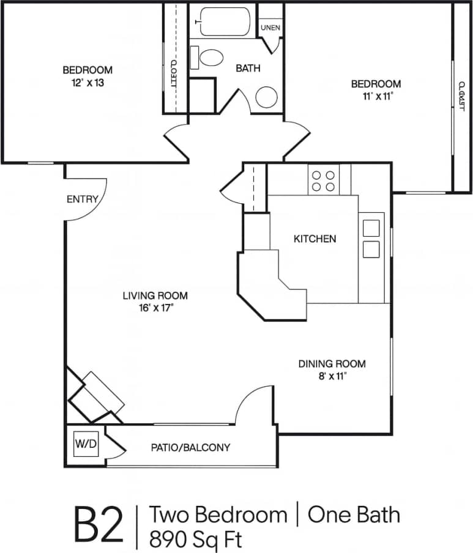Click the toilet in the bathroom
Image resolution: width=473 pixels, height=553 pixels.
click(x=210, y=58)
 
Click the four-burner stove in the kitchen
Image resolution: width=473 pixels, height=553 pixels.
click(x=323, y=180)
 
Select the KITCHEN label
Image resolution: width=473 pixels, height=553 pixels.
click(x=315, y=239)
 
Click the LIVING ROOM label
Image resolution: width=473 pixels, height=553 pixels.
click(x=155, y=296)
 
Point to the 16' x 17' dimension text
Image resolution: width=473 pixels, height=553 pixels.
click(x=155, y=309)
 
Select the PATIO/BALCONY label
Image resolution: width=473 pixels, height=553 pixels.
click(x=190, y=448)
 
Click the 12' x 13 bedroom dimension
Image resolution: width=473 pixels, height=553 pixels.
click(x=86, y=83)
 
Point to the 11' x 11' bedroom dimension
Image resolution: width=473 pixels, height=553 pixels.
click(x=375, y=96)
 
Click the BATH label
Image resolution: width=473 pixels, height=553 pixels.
click(x=248, y=69)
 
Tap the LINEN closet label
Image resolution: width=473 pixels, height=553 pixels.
click(x=270, y=28)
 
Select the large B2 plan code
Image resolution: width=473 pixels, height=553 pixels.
click(x=99, y=524)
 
